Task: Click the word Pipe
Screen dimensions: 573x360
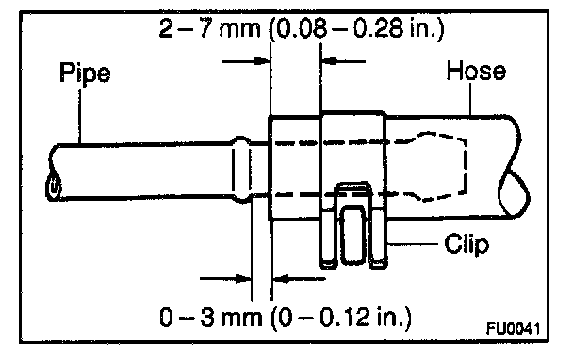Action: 85,74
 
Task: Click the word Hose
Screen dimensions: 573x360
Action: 476,71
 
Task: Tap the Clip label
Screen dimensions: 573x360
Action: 467,244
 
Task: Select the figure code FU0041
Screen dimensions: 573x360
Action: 513,328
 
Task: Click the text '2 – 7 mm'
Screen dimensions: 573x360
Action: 210,28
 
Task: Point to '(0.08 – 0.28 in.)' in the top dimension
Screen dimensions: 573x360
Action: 356,29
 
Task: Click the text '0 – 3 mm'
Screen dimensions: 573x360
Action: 211,317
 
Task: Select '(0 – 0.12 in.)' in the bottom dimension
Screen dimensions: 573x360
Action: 341,318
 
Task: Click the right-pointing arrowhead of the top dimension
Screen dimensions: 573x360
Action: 262,60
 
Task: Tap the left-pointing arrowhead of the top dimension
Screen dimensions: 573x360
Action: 329,60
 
